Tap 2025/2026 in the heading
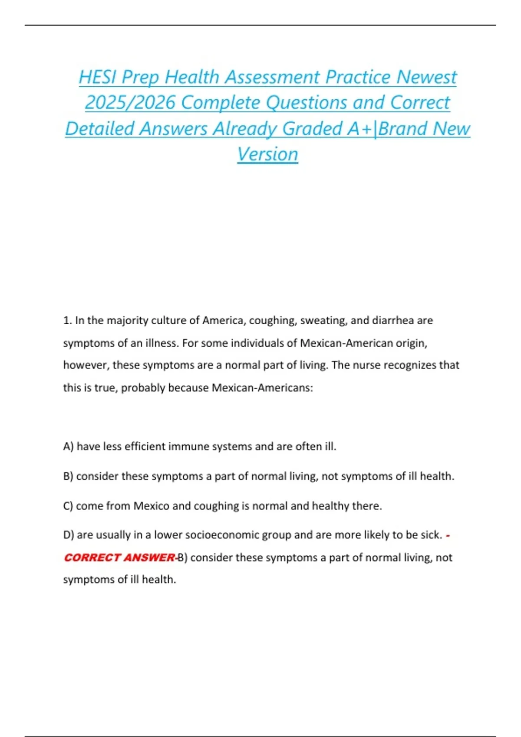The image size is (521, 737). pyautogui.click(x=130, y=103)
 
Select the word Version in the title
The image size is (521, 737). pyautogui.click(x=267, y=154)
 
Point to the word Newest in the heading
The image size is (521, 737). pyautogui.click(x=426, y=78)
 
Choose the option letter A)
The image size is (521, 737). pyautogui.click(x=68, y=447)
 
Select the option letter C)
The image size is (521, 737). pyautogui.click(x=68, y=506)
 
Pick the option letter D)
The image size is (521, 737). pyautogui.click(x=69, y=535)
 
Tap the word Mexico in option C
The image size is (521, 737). pyautogui.click(x=151, y=506)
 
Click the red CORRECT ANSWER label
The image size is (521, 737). pyautogui.click(x=119, y=558)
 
